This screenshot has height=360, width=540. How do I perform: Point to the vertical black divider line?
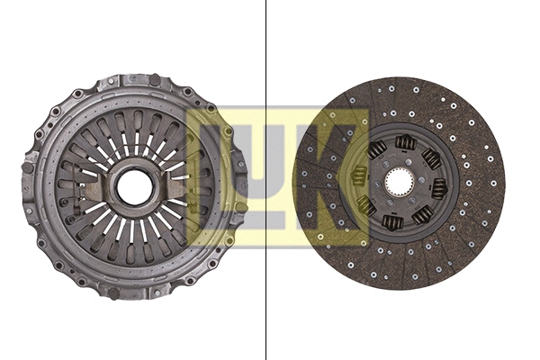tap(266, 180)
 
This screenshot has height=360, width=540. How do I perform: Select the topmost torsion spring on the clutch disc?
tap(406, 141)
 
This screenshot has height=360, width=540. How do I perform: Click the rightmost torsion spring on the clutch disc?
tap(438, 188)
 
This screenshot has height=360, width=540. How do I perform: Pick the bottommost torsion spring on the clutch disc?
tap(392, 221)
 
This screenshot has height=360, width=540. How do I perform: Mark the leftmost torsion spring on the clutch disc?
tap(360, 175)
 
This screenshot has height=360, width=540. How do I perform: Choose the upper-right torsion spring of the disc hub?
tap(431, 158)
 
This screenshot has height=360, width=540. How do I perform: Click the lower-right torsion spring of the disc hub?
tap(420, 215)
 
